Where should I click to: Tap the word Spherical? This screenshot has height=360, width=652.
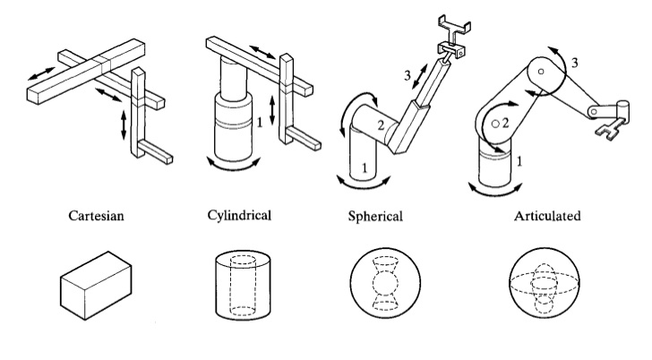tap(376, 217)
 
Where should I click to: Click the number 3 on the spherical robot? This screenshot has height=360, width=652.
tap(408, 76)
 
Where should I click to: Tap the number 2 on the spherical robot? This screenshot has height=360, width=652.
tap(380, 126)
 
